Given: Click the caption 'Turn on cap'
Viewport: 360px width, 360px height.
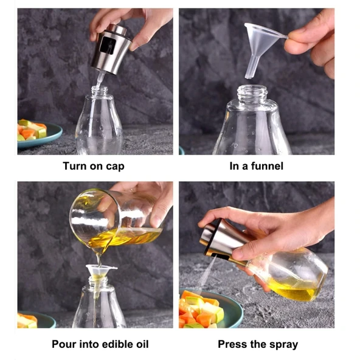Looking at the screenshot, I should click(x=94, y=165).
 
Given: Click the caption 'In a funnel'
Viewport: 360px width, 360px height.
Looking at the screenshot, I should click(x=256, y=165).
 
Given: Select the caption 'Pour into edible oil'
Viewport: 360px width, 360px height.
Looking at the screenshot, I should click(x=95, y=344).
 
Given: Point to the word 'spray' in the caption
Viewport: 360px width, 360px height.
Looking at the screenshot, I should click(x=282, y=344).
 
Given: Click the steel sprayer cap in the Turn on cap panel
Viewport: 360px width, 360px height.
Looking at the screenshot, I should click(x=111, y=49).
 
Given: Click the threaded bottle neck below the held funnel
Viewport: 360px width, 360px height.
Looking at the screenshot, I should click(x=252, y=96).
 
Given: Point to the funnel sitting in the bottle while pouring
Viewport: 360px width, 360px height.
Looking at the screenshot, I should click(x=101, y=272).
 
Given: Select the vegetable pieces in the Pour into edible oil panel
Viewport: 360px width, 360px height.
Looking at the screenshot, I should click(x=27, y=320).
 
